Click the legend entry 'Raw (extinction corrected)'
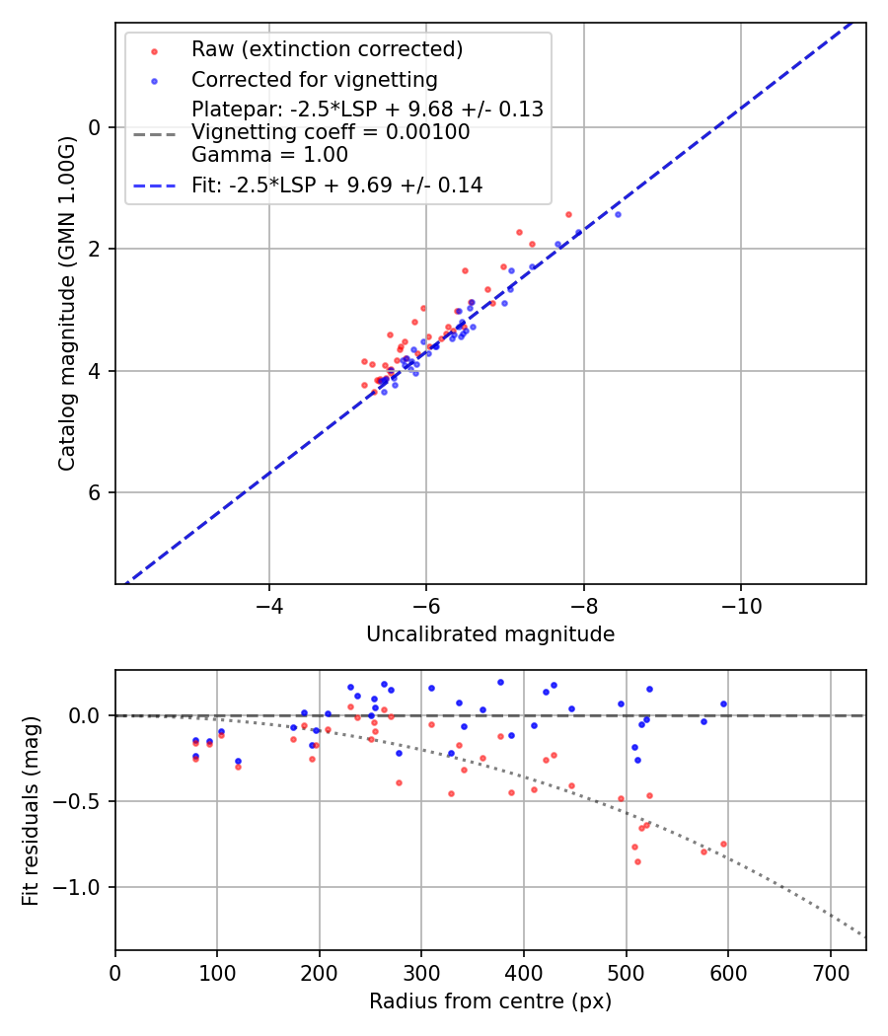click(327, 49)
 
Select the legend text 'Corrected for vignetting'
click(314, 79)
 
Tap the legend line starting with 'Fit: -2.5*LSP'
click(336, 185)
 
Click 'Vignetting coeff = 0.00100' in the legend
click(331, 132)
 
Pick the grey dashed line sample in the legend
click(155, 132)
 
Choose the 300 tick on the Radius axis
click(421, 972)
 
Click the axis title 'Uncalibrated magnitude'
click(490, 634)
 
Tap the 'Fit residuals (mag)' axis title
click(32, 810)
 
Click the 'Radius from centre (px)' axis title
click(490, 1001)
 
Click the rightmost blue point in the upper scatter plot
click(618, 214)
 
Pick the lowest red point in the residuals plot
click(637, 861)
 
